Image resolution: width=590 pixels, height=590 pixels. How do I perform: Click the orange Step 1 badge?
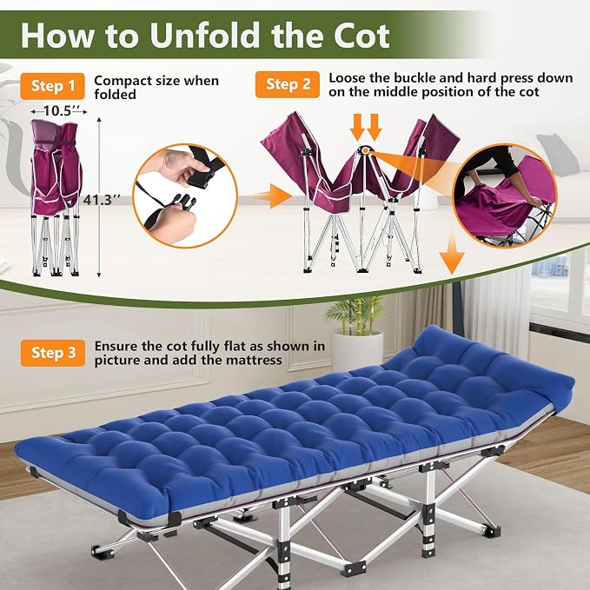click(x=52, y=86)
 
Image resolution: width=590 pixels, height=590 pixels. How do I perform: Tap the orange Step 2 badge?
click(x=288, y=84)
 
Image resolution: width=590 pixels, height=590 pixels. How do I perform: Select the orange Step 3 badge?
click(x=53, y=353)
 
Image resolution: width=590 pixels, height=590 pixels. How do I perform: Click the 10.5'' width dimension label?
click(x=59, y=111)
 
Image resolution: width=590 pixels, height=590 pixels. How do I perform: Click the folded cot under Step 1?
click(x=56, y=197)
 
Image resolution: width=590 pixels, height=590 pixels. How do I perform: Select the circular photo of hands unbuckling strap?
click(x=185, y=196)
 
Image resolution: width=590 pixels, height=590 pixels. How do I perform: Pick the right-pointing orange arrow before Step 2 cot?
click(x=271, y=196)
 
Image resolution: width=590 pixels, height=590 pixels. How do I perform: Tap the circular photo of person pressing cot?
click(x=504, y=196)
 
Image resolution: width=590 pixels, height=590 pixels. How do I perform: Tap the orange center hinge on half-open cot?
click(x=365, y=150)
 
